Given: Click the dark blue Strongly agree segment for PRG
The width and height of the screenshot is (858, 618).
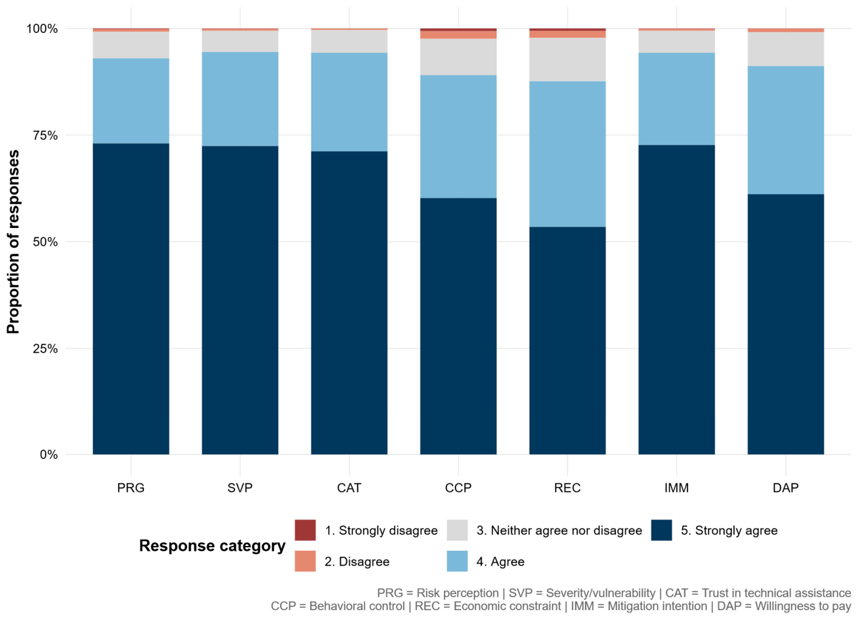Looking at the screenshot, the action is [x=131, y=299].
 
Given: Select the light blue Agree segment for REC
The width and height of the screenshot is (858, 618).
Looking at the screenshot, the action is [x=567, y=154].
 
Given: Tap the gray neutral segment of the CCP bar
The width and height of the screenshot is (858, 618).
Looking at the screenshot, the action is [x=458, y=57].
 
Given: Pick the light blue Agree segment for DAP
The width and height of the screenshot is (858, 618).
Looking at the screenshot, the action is [x=785, y=130].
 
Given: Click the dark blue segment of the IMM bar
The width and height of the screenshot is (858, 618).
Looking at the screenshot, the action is [x=676, y=299].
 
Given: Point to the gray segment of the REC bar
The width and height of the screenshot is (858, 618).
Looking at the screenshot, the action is [x=567, y=59].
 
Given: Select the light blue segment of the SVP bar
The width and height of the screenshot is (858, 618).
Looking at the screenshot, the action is [x=240, y=99].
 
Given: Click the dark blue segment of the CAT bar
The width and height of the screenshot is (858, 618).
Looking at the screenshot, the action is [x=349, y=302].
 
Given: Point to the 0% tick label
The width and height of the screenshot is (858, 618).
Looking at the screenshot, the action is [x=49, y=455].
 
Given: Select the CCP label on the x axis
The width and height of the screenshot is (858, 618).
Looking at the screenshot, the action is [x=458, y=488].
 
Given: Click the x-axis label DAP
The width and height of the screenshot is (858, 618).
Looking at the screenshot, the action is [x=785, y=488].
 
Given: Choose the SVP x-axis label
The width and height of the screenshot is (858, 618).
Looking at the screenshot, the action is [x=240, y=488].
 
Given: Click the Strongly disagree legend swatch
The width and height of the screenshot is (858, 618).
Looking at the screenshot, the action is [x=305, y=530].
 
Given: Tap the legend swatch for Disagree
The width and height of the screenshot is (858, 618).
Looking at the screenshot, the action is [x=305, y=561].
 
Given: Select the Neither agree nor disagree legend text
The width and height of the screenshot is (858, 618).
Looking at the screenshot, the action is [x=559, y=530].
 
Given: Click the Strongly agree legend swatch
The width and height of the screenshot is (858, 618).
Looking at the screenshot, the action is [x=662, y=530].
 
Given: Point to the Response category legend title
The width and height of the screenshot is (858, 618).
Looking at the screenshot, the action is [x=212, y=546].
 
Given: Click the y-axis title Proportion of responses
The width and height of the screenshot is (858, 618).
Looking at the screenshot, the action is [x=13, y=242].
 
